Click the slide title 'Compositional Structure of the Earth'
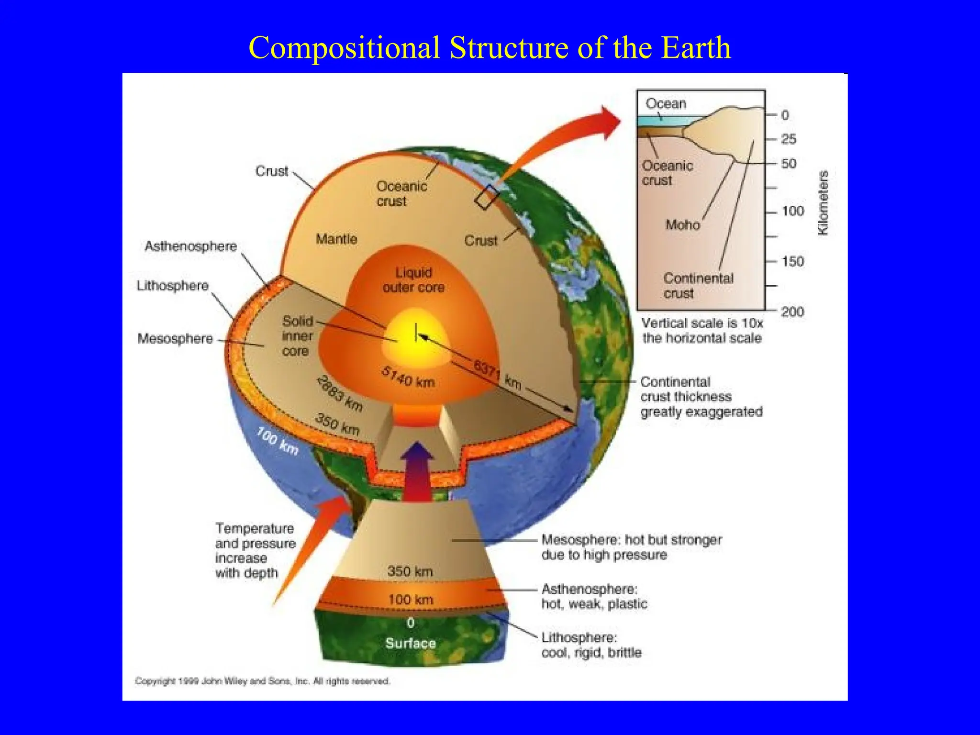coord(490,48)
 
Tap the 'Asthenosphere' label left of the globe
coord(190,246)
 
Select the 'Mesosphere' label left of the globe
coord(175,339)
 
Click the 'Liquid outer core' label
coord(413,280)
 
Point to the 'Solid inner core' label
coord(297,336)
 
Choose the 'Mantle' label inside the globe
coord(336,239)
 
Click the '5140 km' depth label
coord(408,377)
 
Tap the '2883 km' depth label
coord(340,393)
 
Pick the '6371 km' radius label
coord(497,375)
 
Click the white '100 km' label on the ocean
coord(278,441)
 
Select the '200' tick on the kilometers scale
coord(792,312)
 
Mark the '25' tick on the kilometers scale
coord(789,139)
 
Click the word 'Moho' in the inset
coord(682,225)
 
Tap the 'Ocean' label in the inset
coord(666,103)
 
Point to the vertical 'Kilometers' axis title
coord(823,203)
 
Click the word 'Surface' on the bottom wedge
coord(411,643)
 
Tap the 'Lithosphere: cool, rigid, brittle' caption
coord(591,645)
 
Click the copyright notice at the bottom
coord(262,681)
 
